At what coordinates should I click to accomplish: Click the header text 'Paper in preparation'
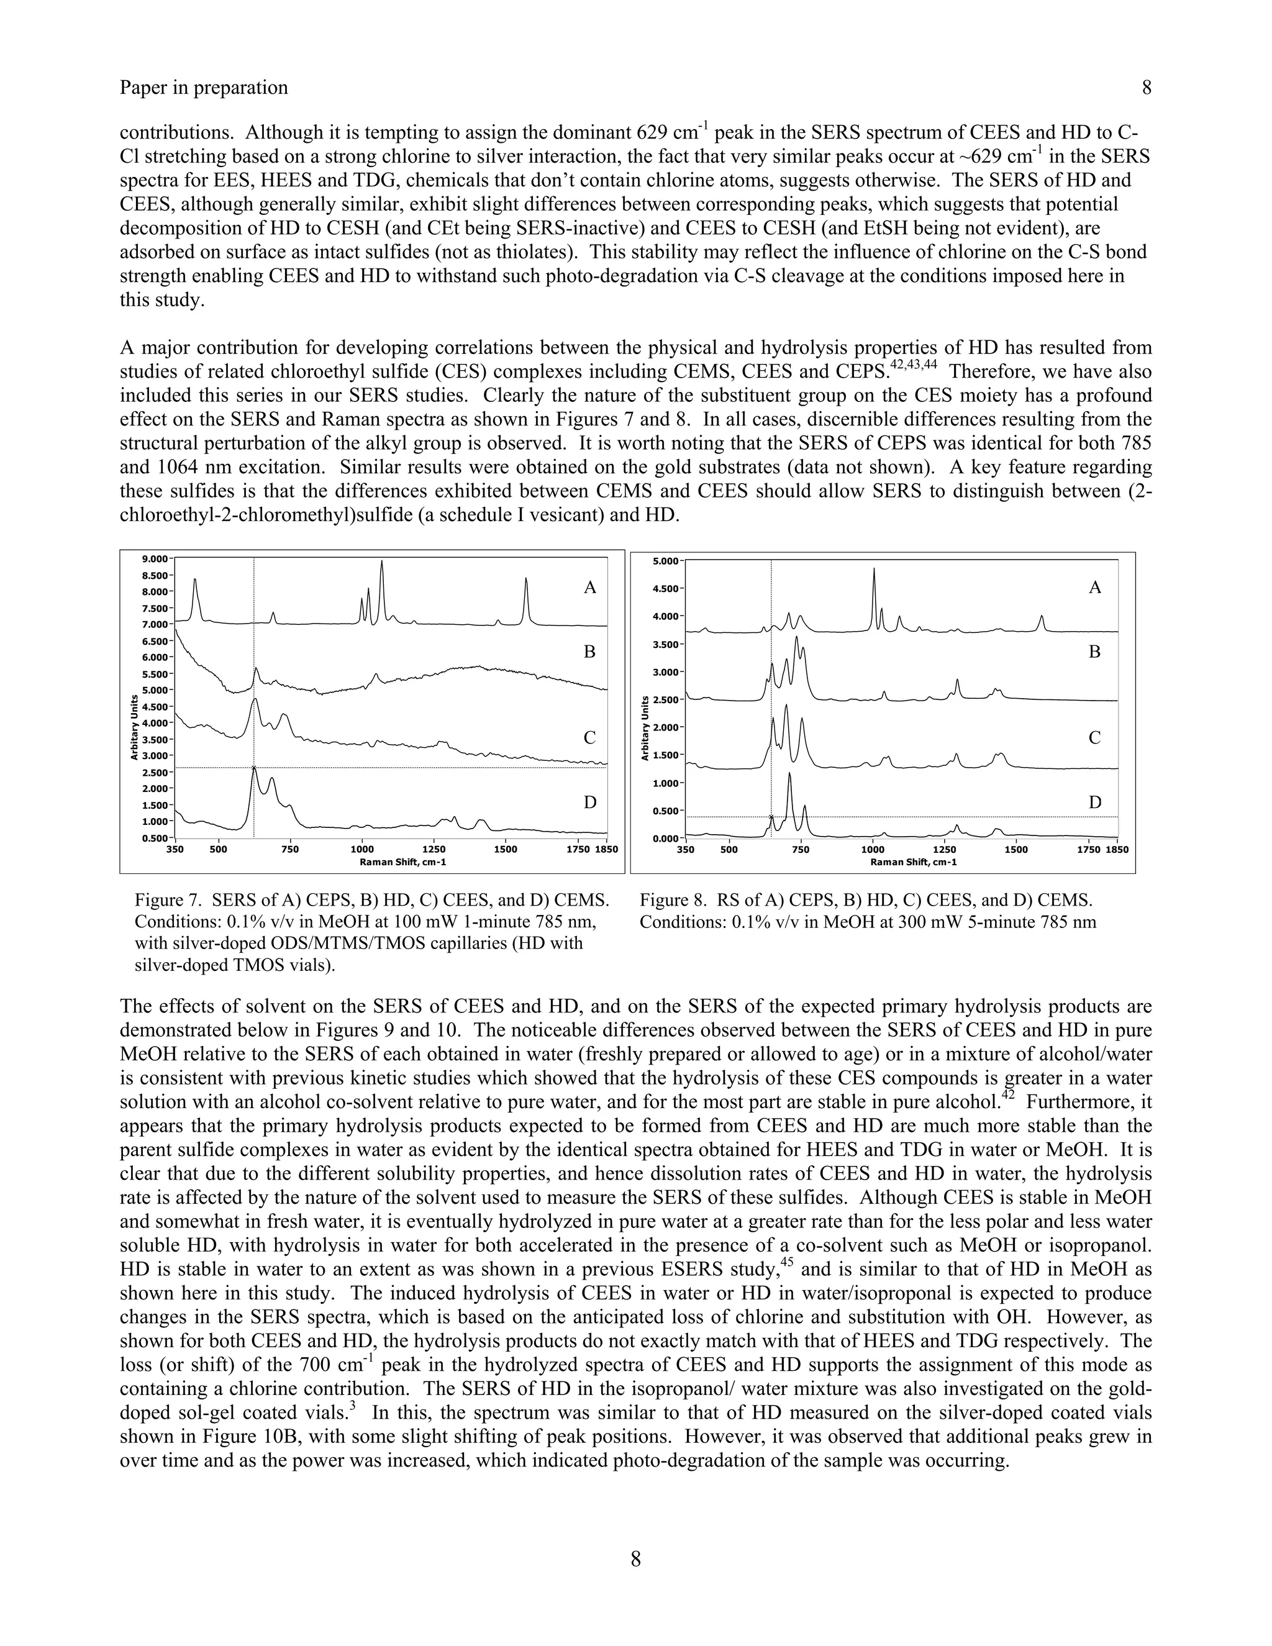204,88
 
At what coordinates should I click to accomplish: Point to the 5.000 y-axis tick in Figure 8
667,561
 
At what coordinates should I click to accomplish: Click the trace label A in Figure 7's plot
590,588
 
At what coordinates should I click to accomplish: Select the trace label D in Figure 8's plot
1095,803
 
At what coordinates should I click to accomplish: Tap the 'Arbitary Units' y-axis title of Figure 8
646,728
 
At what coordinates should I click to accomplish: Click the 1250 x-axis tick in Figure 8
943,849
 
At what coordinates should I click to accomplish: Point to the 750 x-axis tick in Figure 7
290,848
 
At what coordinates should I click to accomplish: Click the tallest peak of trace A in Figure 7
382,562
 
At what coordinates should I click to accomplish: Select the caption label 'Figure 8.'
673,900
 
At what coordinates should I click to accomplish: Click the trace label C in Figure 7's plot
590,738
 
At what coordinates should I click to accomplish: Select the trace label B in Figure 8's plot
1095,652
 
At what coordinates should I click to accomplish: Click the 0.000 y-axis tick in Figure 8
667,838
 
